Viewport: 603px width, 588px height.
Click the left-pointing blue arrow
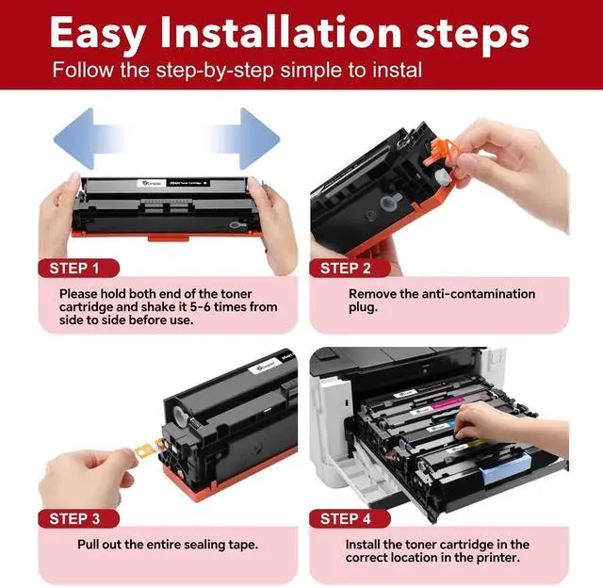pyautogui.click(x=85, y=139)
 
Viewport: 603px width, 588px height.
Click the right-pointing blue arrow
pyautogui.click(x=248, y=139)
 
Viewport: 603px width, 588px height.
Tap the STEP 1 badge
pyautogui.click(x=78, y=268)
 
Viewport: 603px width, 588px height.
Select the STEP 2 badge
pyautogui.click(x=350, y=268)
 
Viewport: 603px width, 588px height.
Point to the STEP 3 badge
pyautogui.click(x=78, y=519)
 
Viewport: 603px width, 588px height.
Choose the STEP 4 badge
pyautogui.click(x=350, y=519)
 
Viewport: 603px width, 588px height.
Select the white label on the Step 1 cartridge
pyautogui.click(x=151, y=183)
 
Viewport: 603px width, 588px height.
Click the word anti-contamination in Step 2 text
pyautogui.click(x=479, y=294)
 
